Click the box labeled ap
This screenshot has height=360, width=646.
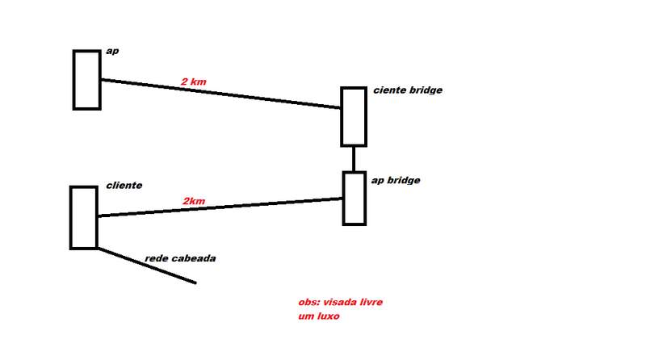(86, 79)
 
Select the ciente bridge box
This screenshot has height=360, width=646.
(354, 116)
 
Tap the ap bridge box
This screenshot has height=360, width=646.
(354, 198)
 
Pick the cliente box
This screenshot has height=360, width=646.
(83, 217)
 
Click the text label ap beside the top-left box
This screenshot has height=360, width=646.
(112, 52)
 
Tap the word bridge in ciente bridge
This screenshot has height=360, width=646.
(425, 90)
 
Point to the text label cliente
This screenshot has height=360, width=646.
(124, 185)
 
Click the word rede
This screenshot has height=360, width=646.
(157, 258)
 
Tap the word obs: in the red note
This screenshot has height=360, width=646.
(308, 302)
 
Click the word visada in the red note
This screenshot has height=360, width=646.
(341, 302)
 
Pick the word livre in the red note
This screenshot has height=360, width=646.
(372, 302)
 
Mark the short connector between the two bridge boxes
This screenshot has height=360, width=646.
(354, 158)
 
